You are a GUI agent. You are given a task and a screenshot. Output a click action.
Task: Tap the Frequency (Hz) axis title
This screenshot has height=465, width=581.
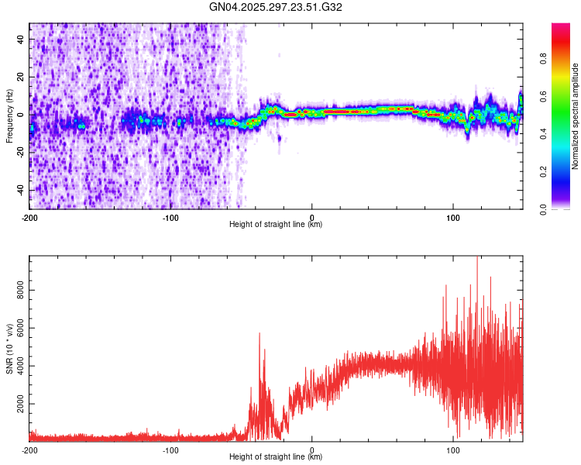[x=9, y=116]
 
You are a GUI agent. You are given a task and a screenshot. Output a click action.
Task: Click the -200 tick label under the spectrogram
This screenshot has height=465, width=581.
[x=29, y=218]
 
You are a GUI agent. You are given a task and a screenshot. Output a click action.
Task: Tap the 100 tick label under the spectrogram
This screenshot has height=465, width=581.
[x=453, y=218]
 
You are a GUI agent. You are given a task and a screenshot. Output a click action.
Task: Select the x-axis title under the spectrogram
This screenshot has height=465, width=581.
[x=276, y=225]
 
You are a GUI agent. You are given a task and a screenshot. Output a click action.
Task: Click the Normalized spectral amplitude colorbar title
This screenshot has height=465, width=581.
[x=575, y=116]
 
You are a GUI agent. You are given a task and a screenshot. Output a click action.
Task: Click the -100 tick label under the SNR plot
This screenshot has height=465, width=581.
[x=170, y=450]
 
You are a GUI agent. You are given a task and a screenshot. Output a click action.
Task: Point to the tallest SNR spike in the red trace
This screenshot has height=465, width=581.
[x=477, y=259]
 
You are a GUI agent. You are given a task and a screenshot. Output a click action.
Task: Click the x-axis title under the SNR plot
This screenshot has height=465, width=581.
[x=276, y=457]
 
